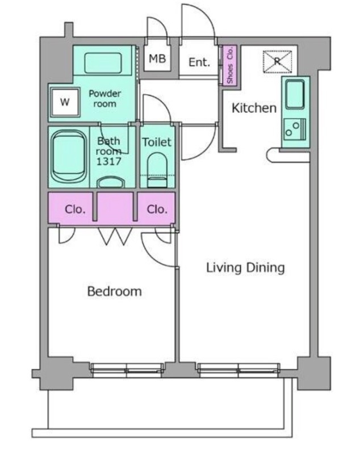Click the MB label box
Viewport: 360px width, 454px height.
pyautogui.click(x=157, y=58)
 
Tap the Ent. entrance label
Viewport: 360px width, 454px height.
pyautogui.click(x=199, y=62)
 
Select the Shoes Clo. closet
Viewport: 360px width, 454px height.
pyautogui.click(x=229, y=65)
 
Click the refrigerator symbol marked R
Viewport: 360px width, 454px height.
pyautogui.click(x=277, y=61)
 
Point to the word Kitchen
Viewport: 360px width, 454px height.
pyautogui.click(x=254, y=108)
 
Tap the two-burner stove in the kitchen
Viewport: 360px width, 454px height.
pyautogui.click(x=295, y=129)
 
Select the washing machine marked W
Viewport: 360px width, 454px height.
pyautogui.click(x=65, y=102)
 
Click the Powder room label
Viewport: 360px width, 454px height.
pyautogui.click(x=104, y=98)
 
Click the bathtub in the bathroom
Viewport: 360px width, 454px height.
pyautogui.click(x=69, y=157)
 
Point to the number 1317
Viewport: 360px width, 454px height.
pyautogui.click(x=108, y=161)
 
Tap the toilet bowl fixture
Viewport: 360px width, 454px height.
pyautogui.click(x=157, y=170)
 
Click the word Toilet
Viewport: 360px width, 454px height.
pyautogui.click(x=157, y=142)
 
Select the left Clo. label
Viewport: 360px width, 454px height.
pyautogui.click(x=75, y=209)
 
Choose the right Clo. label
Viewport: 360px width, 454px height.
pyautogui.click(x=157, y=209)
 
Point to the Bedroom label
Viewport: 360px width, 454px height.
pyautogui.click(x=114, y=291)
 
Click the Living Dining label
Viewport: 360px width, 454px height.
pyautogui.click(x=245, y=268)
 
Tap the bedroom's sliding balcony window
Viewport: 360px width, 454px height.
pyautogui.click(x=127, y=370)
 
